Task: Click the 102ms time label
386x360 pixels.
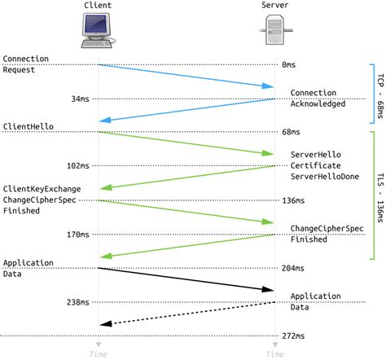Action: (x=79, y=166)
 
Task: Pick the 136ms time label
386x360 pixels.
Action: (x=294, y=200)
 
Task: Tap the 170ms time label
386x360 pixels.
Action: (x=79, y=234)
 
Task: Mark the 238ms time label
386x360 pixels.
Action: (x=79, y=301)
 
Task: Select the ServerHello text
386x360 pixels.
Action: (x=316, y=154)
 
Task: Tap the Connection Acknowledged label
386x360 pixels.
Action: (x=318, y=99)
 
